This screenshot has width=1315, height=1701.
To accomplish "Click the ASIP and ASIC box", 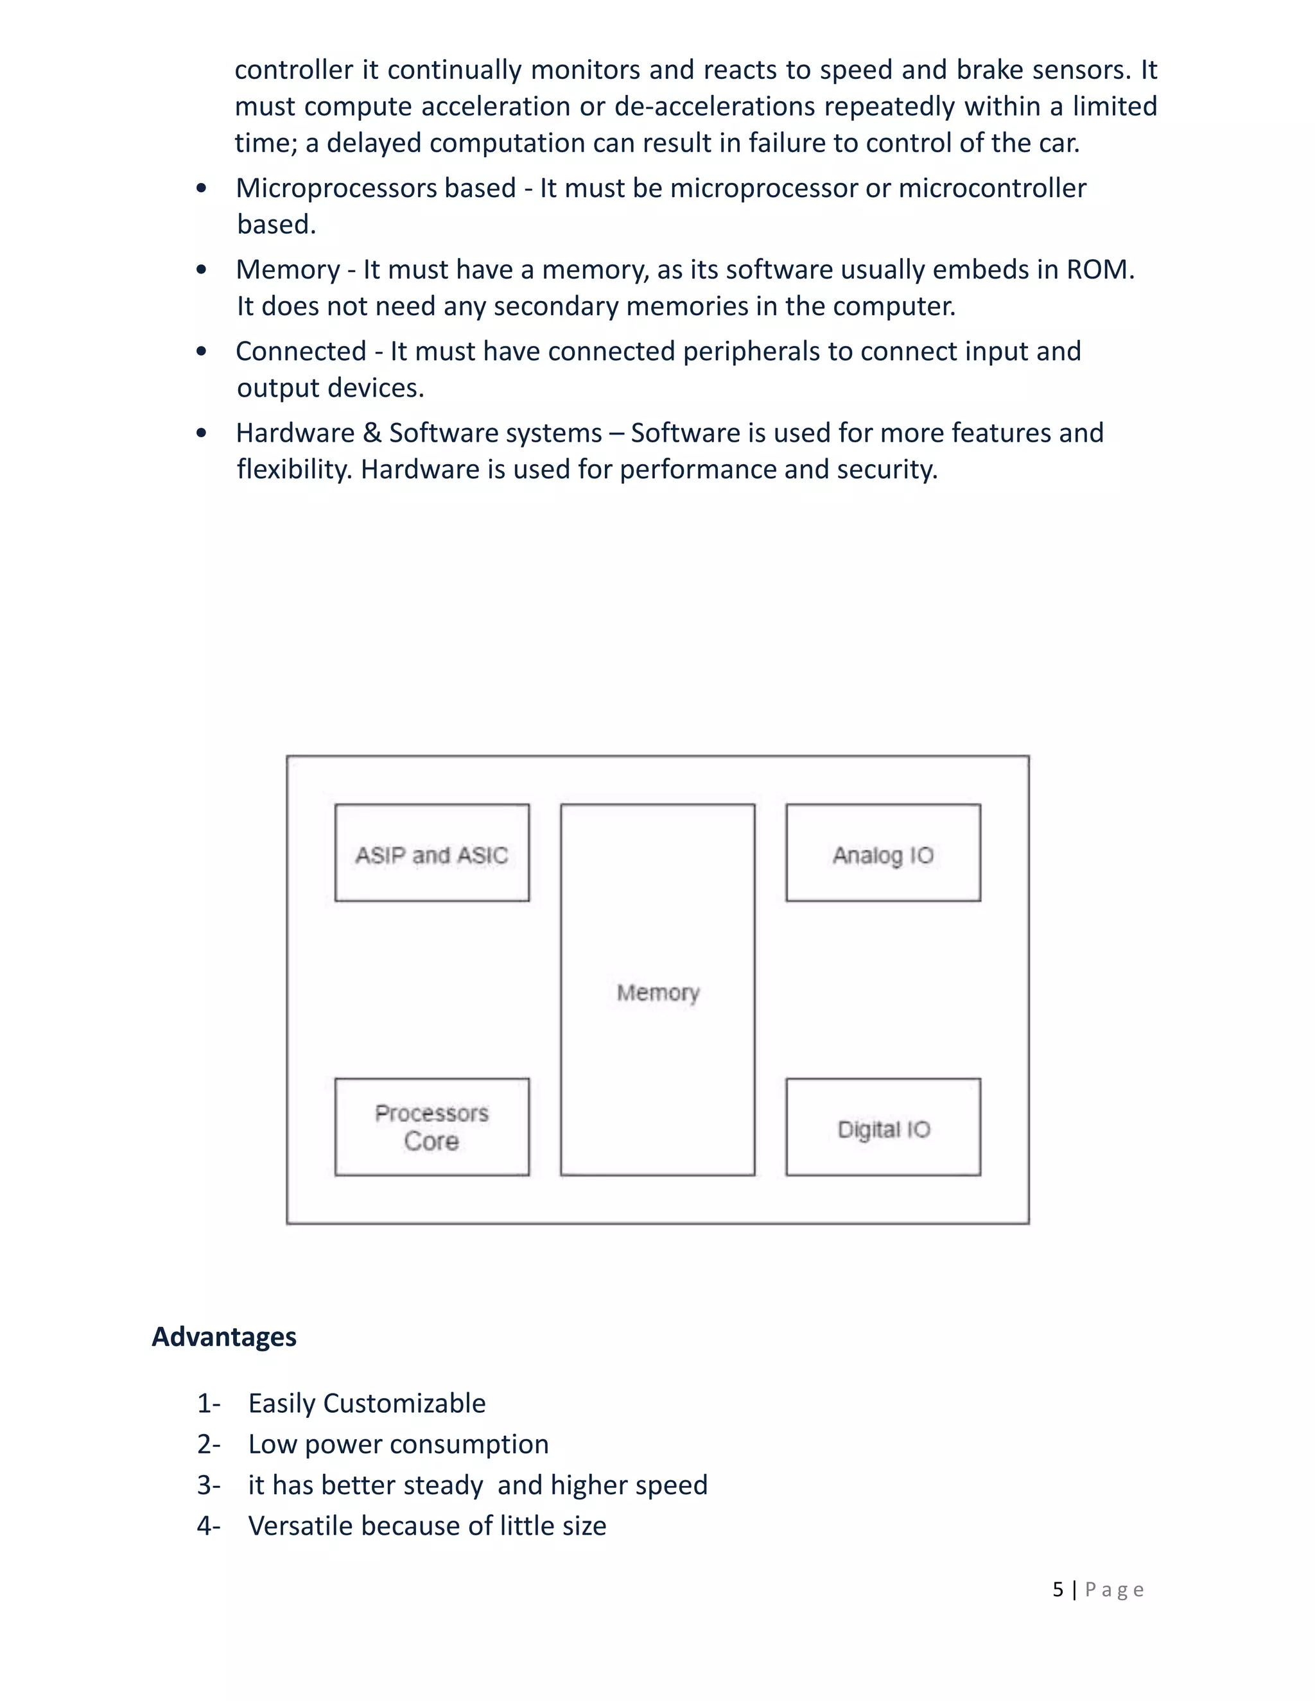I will point(431,853).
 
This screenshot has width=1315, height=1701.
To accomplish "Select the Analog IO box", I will point(883,853).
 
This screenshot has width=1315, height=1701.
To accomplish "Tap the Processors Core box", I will point(431,1127).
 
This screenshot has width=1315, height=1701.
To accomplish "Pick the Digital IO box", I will point(883,1127).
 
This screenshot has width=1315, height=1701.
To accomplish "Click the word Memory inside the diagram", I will point(657,992).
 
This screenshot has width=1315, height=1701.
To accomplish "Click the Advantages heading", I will point(223,1336).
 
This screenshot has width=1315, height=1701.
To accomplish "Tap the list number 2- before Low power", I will point(209,1445).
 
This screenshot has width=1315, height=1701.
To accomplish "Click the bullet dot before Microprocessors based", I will point(202,189).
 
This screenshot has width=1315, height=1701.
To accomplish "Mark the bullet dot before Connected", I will point(202,352).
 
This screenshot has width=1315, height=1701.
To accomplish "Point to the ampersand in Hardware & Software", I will point(372,433).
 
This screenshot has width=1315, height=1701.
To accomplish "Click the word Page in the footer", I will point(1114,1589).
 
